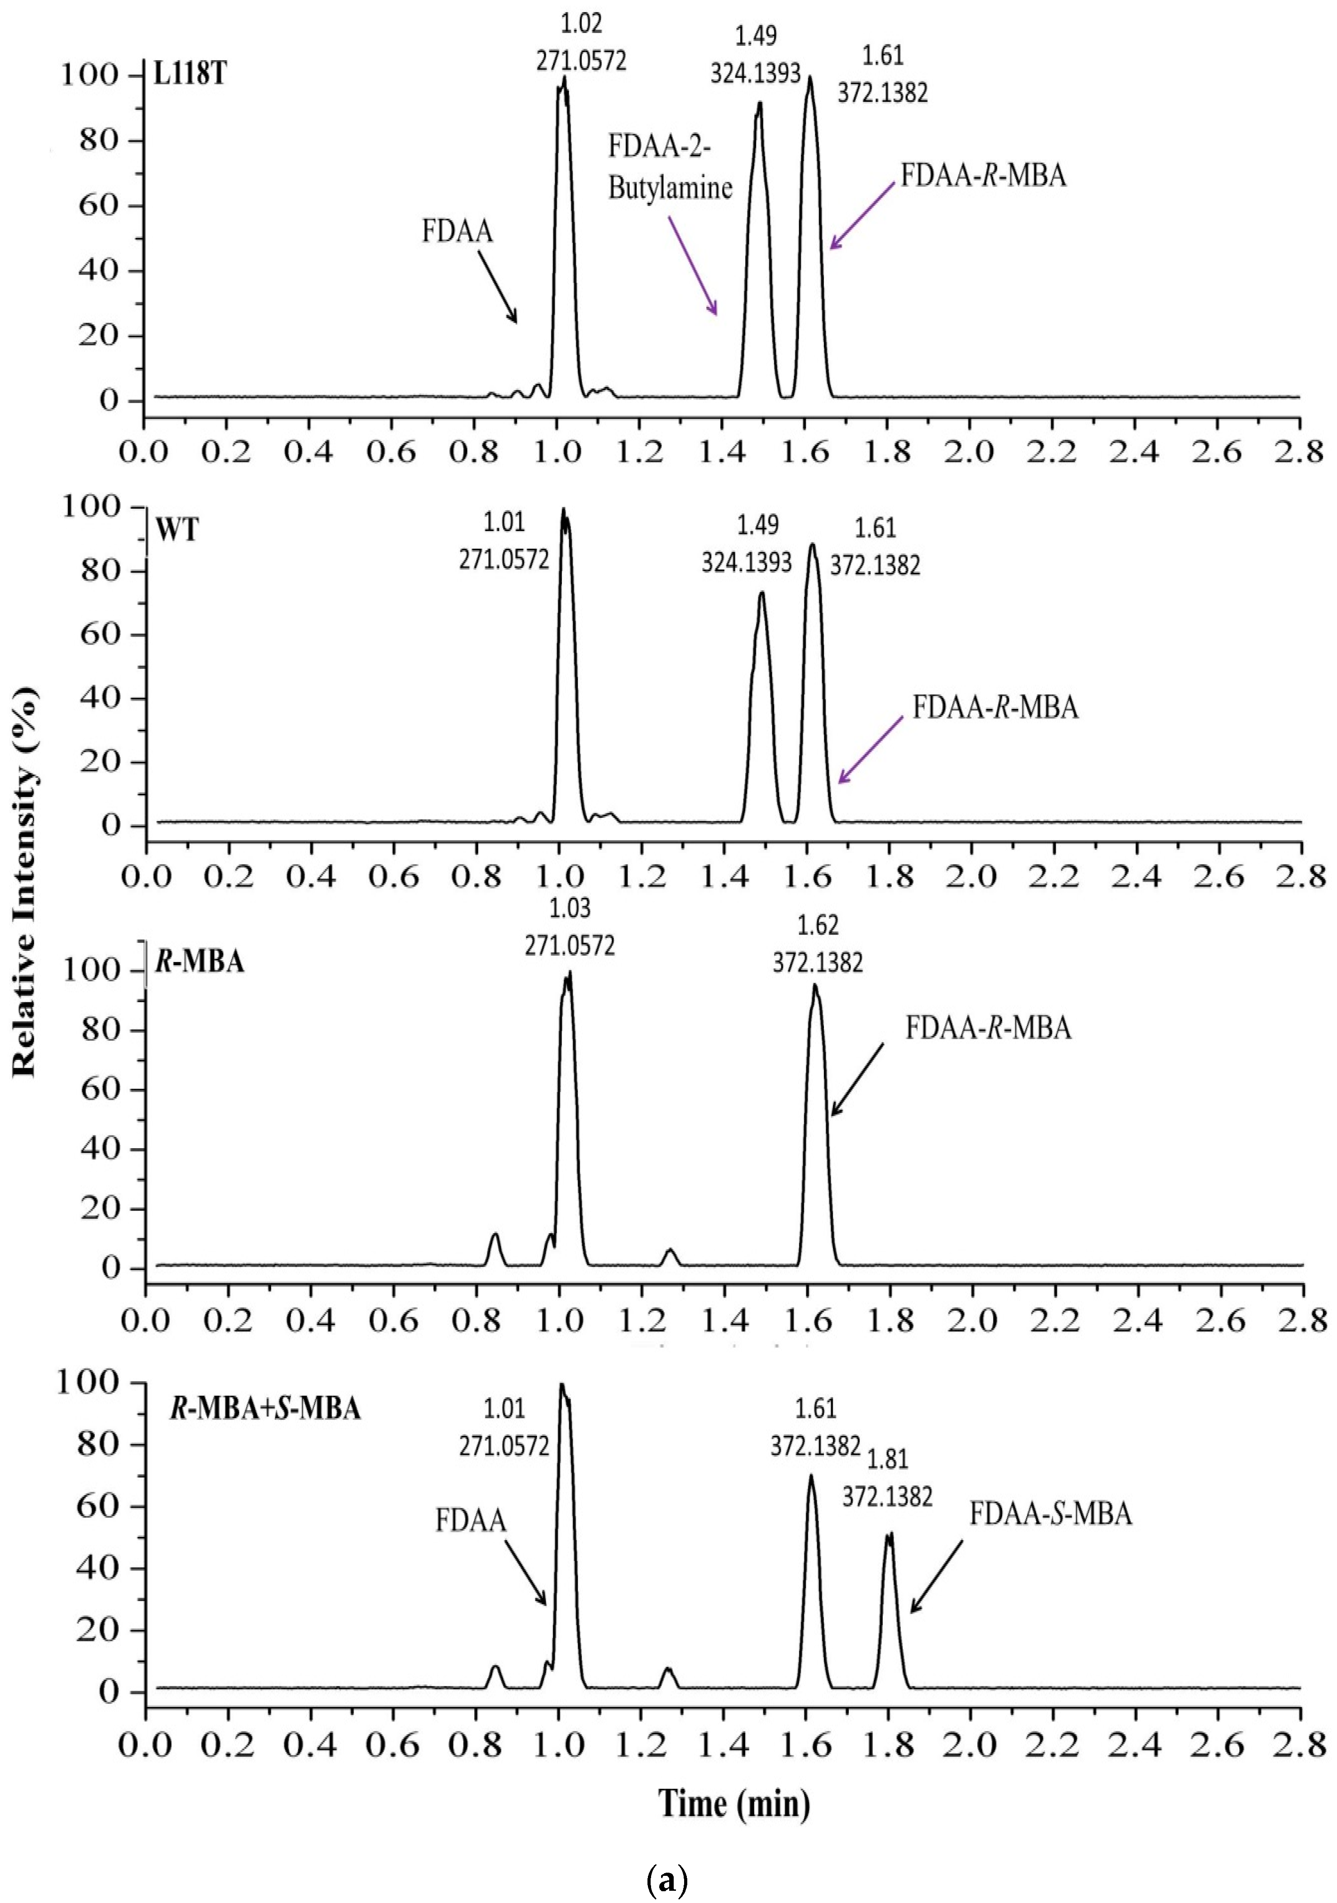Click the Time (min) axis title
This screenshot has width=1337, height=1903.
pyautogui.click(x=734, y=1803)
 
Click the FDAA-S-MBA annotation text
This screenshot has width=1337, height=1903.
pyautogui.click(x=1050, y=1514)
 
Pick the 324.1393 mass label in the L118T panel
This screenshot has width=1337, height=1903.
pyautogui.click(x=755, y=74)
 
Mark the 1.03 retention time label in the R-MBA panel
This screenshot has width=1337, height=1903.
pyautogui.click(x=570, y=908)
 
